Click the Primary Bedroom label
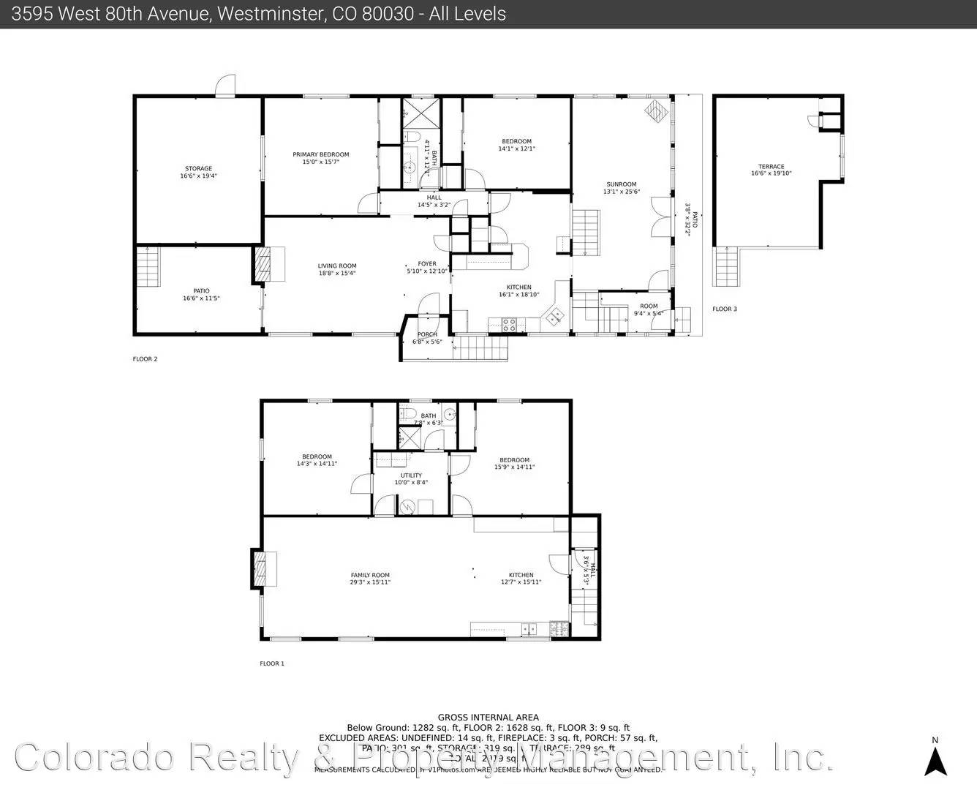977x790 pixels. (320, 154)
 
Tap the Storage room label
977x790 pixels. (198, 169)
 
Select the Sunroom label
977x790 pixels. (621, 184)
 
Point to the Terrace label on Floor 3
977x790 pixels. (771, 167)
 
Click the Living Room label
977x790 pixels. (337, 266)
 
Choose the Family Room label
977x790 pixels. (370, 575)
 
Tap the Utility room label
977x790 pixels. (411, 475)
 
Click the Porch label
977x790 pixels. (427, 335)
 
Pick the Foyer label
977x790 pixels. (427, 264)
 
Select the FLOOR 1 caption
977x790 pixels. (272, 663)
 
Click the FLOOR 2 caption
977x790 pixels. (145, 359)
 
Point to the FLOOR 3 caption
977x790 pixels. (725, 309)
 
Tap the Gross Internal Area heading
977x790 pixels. (488, 718)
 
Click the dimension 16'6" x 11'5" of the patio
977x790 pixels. (201, 298)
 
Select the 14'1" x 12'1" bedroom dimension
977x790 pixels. (516, 149)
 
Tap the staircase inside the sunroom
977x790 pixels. (585, 232)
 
